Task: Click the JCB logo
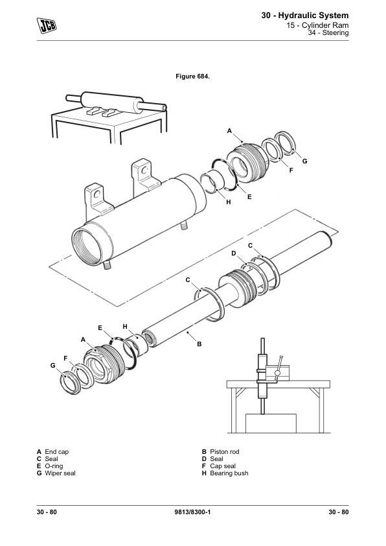[47, 25]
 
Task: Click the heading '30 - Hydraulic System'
[305, 16]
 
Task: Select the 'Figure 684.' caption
[192, 77]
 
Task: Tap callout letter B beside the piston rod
[199, 344]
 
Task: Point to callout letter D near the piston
[234, 253]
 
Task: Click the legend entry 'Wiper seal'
[60, 473]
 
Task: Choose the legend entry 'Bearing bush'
[229, 473]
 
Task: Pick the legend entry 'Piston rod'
[225, 451]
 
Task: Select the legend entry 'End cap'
[57, 451]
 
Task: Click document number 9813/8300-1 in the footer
[192, 512]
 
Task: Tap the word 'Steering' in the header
[335, 32]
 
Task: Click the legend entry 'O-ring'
[54, 466]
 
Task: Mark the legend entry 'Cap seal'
[223, 466]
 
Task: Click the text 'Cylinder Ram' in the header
[325, 25]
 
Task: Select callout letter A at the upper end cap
[229, 131]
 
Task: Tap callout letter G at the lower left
[53, 365]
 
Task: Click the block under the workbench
[271, 423]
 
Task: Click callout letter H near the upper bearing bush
[229, 202]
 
